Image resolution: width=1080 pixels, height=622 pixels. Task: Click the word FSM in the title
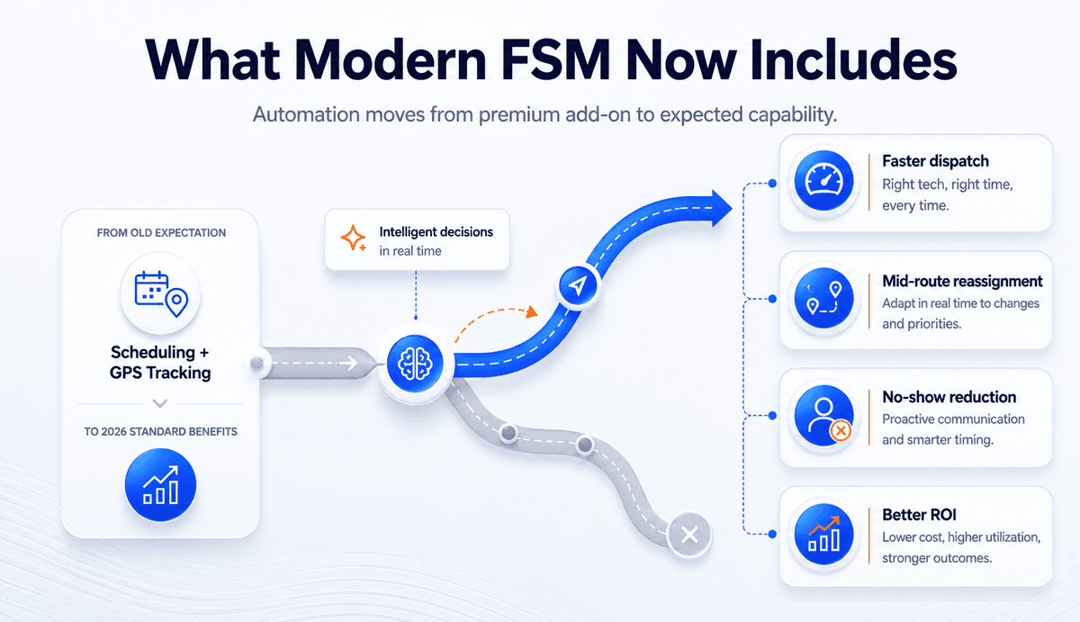click(555, 59)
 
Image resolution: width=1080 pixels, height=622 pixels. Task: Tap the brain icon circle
click(415, 364)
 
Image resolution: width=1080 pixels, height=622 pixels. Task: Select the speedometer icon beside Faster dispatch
click(824, 181)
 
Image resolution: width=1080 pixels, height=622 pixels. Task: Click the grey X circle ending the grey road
click(689, 535)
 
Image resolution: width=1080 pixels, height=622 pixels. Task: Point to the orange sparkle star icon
click(354, 239)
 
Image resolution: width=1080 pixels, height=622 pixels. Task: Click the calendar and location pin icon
click(161, 293)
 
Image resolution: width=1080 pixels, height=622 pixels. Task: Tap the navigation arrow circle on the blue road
click(578, 285)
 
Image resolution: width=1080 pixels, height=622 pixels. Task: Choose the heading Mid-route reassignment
click(962, 281)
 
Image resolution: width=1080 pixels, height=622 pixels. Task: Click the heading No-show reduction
click(949, 397)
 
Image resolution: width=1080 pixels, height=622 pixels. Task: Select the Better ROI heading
click(920, 515)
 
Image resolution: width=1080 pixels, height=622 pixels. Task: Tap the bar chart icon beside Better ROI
click(824, 534)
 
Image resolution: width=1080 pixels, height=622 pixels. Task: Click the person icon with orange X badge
click(824, 416)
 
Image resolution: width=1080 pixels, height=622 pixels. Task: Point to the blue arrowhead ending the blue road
click(722, 208)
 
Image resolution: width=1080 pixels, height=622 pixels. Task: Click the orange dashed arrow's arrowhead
click(532, 311)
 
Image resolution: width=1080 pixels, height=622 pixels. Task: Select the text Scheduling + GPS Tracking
click(160, 363)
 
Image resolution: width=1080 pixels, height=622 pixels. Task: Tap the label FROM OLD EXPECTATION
click(161, 233)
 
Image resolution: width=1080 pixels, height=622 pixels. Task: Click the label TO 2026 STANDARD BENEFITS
click(160, 431)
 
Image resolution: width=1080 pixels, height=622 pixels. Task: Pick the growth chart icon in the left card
click(160, 484)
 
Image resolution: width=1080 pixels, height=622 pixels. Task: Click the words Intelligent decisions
click(436, 232)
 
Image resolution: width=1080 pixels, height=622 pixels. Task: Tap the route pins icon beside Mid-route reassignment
click(824, 299)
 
